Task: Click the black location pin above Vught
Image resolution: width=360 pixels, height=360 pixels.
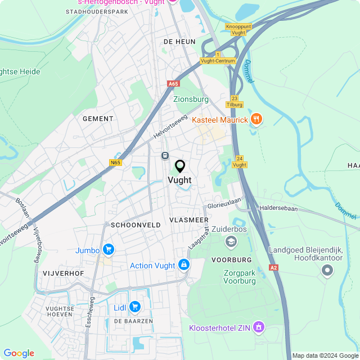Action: (x=180, y=166)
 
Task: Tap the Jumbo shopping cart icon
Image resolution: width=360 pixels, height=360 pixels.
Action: (x=109, y=250)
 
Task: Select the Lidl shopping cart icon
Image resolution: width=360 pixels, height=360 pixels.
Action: (x=134, y=306)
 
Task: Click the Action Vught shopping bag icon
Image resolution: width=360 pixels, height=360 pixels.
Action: (x=183, y=265)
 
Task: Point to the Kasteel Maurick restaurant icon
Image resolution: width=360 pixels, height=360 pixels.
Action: (x=256, y=119)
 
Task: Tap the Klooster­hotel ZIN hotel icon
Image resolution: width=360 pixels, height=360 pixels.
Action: (x=258, y=327)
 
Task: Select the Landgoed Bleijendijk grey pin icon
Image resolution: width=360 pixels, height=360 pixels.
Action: (x=327, y=272)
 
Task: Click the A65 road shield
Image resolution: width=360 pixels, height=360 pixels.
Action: (x=173, y=84)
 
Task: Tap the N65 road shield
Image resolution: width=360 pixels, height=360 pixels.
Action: (x=115, y=163)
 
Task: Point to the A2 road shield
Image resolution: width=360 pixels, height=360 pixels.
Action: (x=274, y=268)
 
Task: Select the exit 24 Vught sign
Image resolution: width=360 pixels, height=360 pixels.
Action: (x=240, y=161)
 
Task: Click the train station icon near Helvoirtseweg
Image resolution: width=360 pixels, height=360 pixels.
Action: (x=165, y=155)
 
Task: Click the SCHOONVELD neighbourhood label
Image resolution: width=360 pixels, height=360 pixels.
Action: (x=136, y=224)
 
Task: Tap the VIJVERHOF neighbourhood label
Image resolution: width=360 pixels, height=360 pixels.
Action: (x=63, y=273)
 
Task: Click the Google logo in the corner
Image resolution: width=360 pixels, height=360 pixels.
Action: (x=19, y=353)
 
